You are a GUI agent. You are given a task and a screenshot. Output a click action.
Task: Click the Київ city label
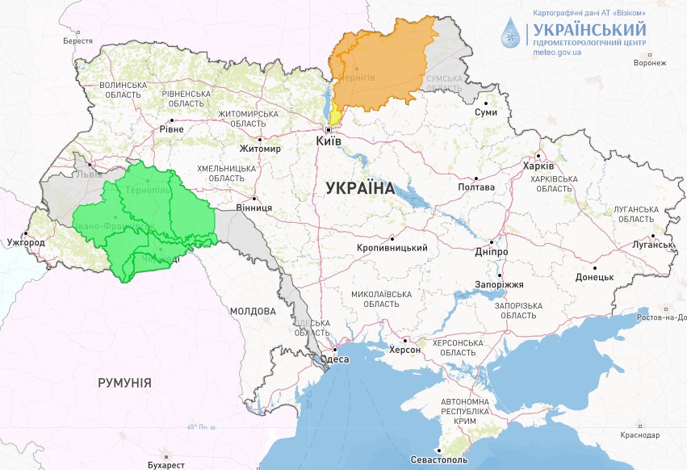coord(328,141)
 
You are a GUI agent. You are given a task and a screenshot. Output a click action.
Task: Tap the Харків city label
coord(539,166)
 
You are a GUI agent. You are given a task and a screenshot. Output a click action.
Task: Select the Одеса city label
coord(334,359)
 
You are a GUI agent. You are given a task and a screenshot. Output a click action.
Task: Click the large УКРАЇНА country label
coord(359,188)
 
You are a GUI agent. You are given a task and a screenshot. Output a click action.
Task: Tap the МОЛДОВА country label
coord(253,311)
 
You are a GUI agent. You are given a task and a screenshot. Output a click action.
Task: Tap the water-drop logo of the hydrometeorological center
coord(510,34)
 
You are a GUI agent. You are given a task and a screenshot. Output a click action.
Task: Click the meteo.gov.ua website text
coord(558,52)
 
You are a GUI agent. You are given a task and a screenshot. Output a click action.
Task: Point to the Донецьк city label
coord(594,276)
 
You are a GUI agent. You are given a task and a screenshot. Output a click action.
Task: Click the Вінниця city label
coord(253,207)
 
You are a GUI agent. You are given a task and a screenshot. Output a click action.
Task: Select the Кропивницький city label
coord(392,248)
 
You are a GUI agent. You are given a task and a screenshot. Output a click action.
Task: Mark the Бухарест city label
coord(166,464)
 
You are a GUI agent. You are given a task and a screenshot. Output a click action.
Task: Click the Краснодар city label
coord(641,434)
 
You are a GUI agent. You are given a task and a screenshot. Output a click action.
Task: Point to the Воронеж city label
coord(650,63)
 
